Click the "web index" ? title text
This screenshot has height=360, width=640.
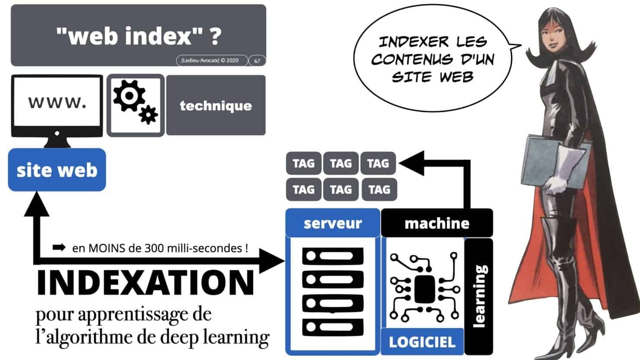coord(138,35)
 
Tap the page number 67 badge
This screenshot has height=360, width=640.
coord(257,61)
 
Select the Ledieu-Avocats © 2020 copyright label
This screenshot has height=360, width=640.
coord(210,61)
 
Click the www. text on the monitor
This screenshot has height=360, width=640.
coord(57,102)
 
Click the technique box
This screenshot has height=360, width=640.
coord(216,105)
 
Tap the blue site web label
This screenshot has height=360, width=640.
coord(57,170)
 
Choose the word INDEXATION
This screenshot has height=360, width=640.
coord(145,282)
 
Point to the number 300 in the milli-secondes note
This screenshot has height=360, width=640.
coord(154,248)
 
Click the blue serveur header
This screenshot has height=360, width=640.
coord(333,223)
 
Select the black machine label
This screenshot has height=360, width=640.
coord(437,223)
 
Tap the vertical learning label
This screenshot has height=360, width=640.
coord(479,296)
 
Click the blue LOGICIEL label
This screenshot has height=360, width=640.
coord(422,342)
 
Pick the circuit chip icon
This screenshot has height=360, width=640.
coord(424,288)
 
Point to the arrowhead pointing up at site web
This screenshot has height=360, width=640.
coord(36,203)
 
